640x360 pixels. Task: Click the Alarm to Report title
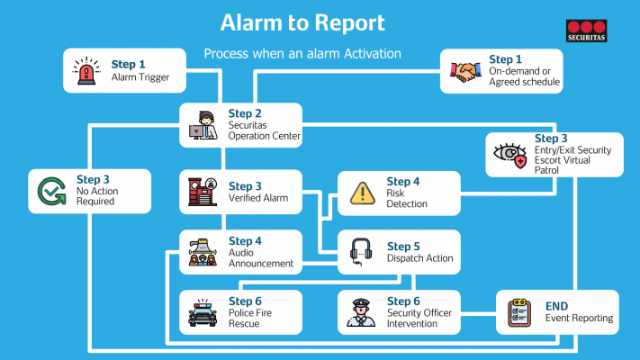pos(302,22)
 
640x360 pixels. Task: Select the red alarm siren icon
pos(86,71)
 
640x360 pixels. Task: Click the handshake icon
pos(464,71)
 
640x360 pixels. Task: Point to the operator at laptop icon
pos(203,125)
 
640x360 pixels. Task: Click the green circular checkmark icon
pos(50,191)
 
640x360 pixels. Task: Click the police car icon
pos(203,312)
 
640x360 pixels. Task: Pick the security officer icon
pos(362,312)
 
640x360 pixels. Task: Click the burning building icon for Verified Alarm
pos(203,192)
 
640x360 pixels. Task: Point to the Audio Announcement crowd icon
pos(203,253)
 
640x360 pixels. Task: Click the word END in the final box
pos(558,306)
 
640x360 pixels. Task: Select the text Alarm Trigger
pos(140,77)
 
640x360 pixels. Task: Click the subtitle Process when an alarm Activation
pos(302,53)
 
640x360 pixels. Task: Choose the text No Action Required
pos(96,196)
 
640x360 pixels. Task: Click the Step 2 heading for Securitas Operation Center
pos(246,113)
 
